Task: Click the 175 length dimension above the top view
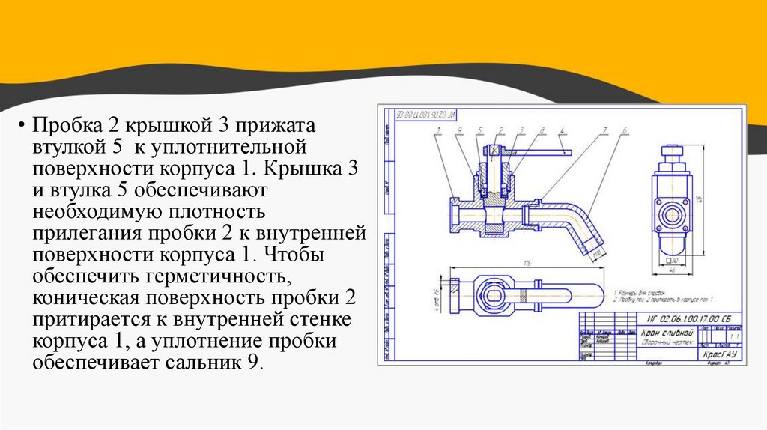[529, 263]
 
